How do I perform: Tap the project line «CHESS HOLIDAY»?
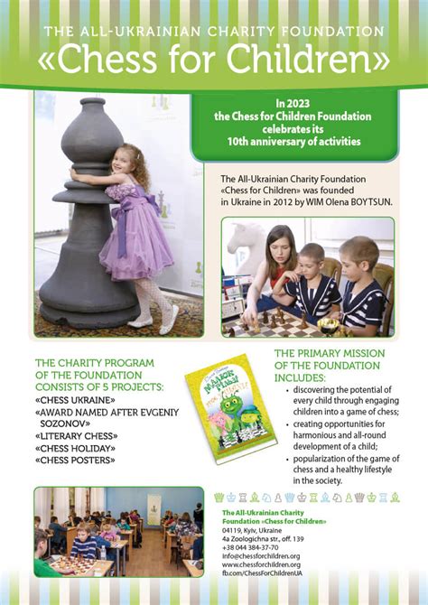[x=72, y=448]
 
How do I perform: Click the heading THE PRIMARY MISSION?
[x=329, y=353]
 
